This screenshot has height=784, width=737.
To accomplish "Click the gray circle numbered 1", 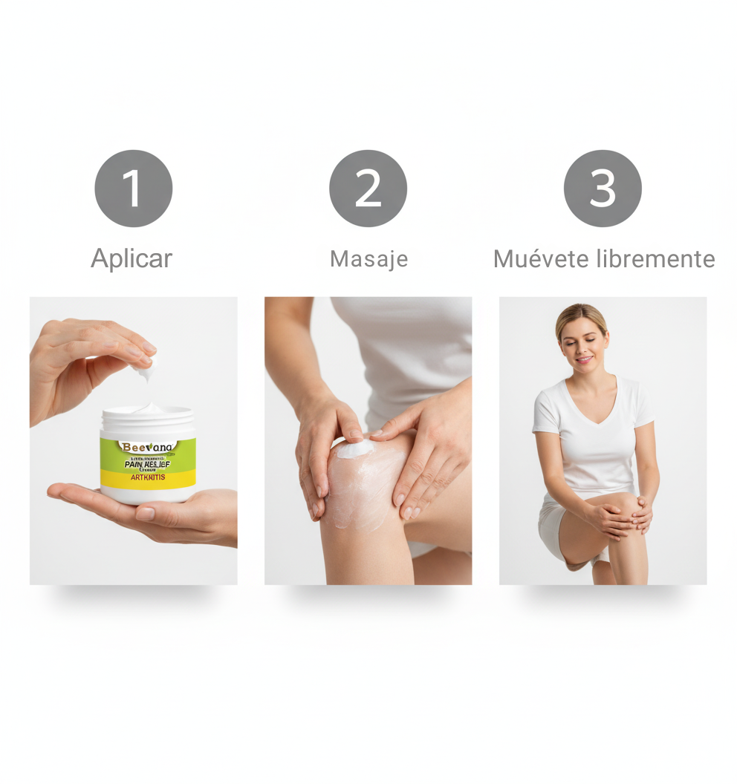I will click(x=133, y=189).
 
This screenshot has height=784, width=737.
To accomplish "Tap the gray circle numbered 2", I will click(x=368, y=189).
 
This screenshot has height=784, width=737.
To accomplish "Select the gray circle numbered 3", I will click(x=603, y=189).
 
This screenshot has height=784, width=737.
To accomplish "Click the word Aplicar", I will click(x=132, y=258).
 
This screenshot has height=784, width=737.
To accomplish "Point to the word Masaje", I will click(x=368, y=259).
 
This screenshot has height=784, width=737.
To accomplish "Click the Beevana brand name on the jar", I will click(x=148, y=448).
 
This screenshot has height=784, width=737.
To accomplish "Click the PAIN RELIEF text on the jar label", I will click(x=147, y=464).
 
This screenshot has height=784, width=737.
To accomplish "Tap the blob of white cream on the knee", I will click(x=355, y=448).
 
